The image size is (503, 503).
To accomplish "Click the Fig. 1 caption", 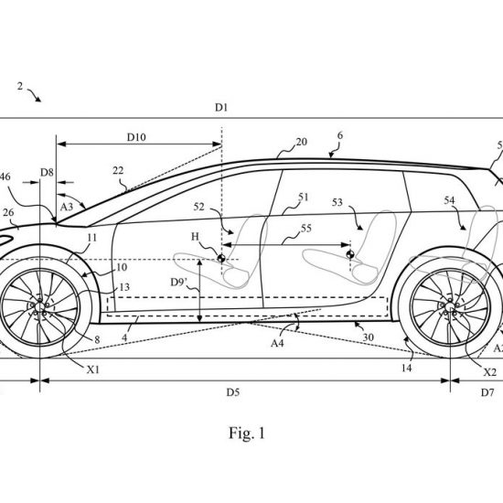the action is coord(247,433).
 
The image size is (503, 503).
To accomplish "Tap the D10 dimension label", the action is coord(136,137).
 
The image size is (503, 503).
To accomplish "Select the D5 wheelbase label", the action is coord(233,392).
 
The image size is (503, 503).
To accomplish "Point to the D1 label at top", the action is coord(221,108).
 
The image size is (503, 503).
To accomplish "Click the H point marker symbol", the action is coord(221,258).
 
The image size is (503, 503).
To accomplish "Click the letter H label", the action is coord(195,237).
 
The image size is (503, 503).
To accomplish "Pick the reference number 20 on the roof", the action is coord(301,142).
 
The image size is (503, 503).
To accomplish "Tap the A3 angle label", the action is coord(67,207).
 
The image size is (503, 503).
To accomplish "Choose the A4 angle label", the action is coord(277,343).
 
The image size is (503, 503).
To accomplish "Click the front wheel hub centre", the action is coord(39,307).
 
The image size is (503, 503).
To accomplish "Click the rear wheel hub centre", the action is coord(450,307).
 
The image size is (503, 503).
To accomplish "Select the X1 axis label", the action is coord(93,369).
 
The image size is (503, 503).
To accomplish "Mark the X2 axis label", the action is coord(490,372).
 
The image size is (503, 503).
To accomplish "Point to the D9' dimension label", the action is coord(178,283).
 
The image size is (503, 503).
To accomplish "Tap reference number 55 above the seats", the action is coord(306,228).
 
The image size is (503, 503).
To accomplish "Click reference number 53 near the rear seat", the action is coord(337,202).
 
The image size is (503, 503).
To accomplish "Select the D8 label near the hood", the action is coord(47,173).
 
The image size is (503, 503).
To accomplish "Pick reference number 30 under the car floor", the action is coord(369,337).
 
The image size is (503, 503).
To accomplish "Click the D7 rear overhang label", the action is coord(487,392).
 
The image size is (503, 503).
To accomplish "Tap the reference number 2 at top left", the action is coord(20,86).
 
